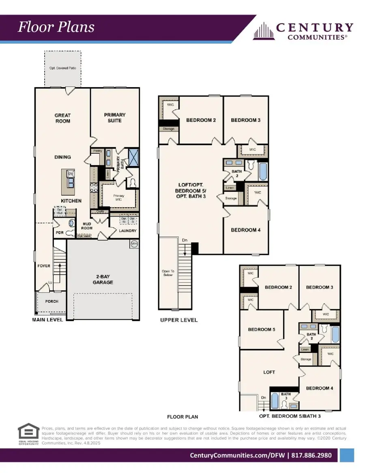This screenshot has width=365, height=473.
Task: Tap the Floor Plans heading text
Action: (x=56, y=27)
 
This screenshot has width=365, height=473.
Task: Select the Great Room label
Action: (x=62, y=118)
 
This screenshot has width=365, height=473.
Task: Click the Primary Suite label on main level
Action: (x=115, y=118)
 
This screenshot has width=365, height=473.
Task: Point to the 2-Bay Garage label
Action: (x=103, y=279)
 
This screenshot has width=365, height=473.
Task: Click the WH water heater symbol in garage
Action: (x=134, y=244)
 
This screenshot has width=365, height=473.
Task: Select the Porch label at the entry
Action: (x=52, y=301)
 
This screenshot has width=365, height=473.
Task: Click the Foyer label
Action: (x=43, y=266)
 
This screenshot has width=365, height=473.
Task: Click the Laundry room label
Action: (x=127, y=231)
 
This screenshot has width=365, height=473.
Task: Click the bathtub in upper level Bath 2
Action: (x=263, y=171)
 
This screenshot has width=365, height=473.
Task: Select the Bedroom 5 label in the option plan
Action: (x=262, y=329)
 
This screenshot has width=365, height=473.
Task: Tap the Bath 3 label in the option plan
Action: (x=286, y=396)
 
